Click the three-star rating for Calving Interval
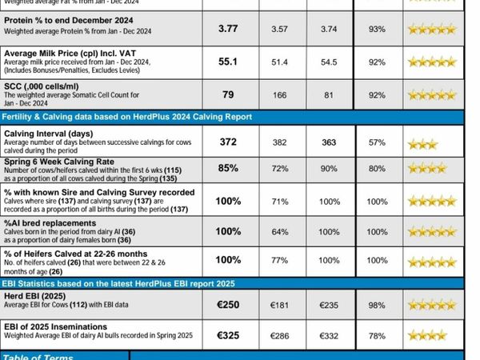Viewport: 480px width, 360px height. pos(422,144)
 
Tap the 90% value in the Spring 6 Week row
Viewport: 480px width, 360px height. pos(330,170)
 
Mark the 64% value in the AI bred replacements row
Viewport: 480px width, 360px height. pos(279,232)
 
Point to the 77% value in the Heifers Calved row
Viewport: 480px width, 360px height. pos(279,261)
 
